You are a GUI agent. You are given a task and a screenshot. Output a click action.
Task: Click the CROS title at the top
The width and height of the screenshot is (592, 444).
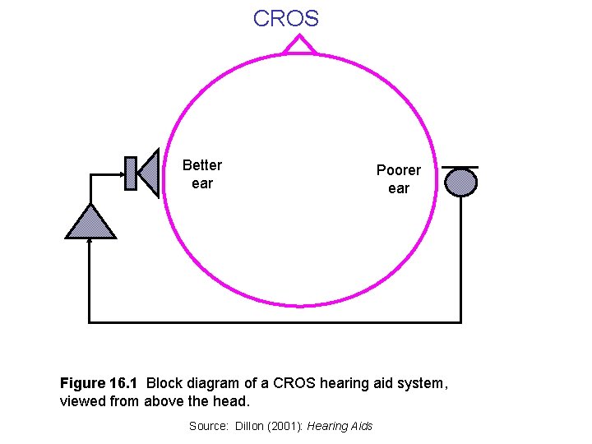click(286, 18)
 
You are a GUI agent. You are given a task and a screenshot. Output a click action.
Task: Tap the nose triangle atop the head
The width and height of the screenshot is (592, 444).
click(299, 45)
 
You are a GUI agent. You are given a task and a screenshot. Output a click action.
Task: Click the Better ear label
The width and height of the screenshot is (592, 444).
click(201, 174)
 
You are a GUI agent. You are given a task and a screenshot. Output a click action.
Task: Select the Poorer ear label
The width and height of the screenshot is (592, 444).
click(398, 179)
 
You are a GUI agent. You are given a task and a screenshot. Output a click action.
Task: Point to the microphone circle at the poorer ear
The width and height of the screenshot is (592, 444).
click(460, 182)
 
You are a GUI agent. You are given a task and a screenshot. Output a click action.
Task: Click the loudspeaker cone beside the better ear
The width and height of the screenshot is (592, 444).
click(149, 173)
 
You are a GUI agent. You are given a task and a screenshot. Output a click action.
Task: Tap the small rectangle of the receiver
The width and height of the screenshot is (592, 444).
click(130, 173)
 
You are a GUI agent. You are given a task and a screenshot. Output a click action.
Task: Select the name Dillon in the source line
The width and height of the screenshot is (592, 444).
click(252, 426)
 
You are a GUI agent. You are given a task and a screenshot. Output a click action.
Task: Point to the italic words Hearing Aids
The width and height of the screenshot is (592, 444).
click(340, 426)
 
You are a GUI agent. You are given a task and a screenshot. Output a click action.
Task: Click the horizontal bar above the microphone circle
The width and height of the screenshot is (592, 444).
click(460, 167)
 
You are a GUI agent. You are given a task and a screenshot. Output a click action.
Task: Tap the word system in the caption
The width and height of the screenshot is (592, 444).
click(421, 383)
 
